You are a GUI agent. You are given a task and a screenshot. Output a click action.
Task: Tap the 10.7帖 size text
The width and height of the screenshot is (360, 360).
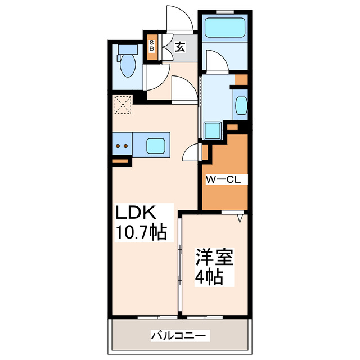pos(141,232)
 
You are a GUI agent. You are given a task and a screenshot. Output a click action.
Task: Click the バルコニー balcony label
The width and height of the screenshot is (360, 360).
pos(179,336)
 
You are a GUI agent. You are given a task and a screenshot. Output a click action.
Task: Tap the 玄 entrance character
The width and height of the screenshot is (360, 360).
pos(179,48)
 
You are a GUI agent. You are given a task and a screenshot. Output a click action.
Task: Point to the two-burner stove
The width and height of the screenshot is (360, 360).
pos(121,146)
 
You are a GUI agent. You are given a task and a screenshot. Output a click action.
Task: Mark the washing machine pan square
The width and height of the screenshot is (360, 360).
pos(213,130)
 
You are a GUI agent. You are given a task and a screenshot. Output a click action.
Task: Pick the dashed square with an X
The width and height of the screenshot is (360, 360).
pos(121,104)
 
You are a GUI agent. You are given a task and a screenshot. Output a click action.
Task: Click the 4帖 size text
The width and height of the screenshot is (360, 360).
pos(208,277)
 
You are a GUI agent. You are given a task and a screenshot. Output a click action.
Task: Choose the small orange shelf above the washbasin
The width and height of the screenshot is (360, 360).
pos(241,79)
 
